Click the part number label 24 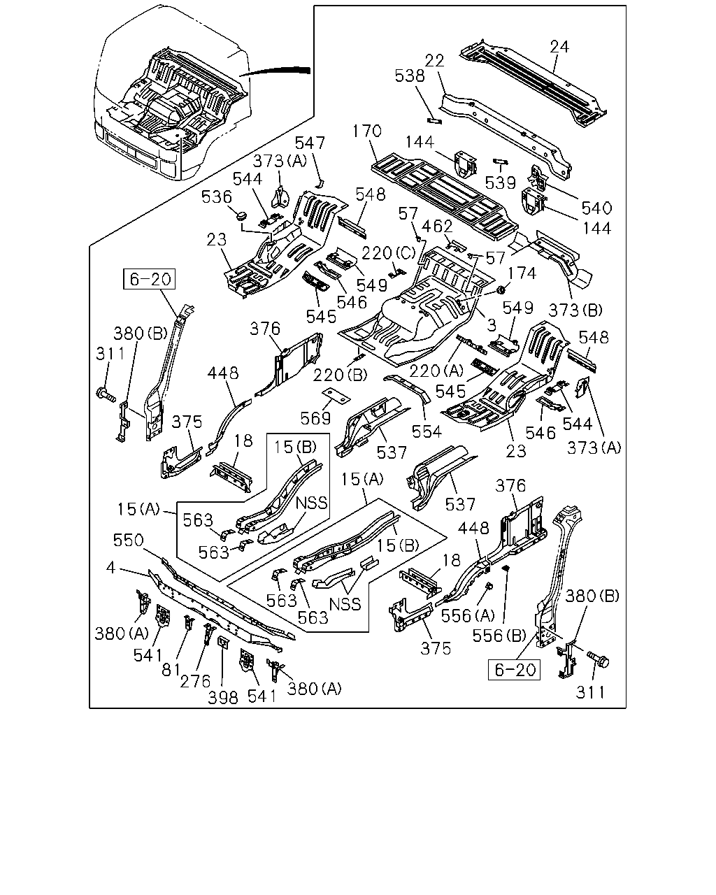(559, 47)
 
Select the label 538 (410, 76)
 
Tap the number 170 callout (366, 131)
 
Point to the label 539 (500, 182)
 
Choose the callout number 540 (596, 208)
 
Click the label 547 (310, 143)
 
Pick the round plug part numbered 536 (241, 216)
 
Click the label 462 (437, 227)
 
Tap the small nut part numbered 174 (502, 289)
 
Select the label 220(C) (389, 253)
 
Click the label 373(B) (575, 310)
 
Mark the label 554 (427, 431)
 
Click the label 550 (128, 540)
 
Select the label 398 (222, 698)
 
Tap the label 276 (195, 681)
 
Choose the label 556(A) (468, 616)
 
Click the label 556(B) (499, 636)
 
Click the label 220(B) (340, 375)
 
